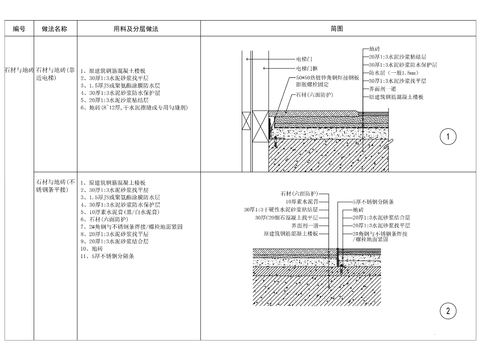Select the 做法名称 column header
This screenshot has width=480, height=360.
pyautogui.click(x=54, y=30)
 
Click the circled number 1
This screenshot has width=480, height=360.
pyautogui.click(x=447, y=137)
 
